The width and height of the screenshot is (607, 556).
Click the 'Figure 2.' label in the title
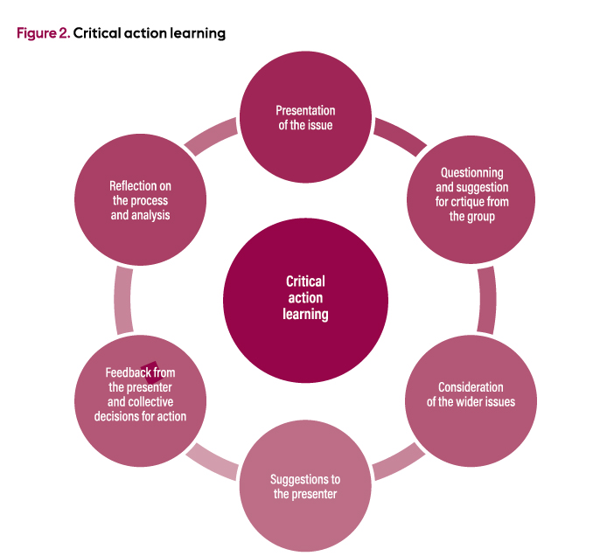[43, 33]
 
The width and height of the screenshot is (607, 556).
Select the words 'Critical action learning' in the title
[150, 33]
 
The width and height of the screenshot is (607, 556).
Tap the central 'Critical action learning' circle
[305, 297]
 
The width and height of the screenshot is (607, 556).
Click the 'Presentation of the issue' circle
[305, 117]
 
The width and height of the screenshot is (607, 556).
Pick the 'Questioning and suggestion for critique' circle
[471, 194]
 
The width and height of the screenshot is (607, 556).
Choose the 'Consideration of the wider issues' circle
[471, 393]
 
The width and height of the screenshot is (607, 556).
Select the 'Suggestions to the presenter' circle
[305, 487]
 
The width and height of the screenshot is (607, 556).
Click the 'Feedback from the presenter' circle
[140, 393]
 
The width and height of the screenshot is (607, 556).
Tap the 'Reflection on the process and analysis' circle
[140, 199]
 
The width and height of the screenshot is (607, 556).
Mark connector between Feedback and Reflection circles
[122, 297]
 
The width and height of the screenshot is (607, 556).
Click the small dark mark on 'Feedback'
[150, 367]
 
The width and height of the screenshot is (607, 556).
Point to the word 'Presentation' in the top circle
[305, 110]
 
